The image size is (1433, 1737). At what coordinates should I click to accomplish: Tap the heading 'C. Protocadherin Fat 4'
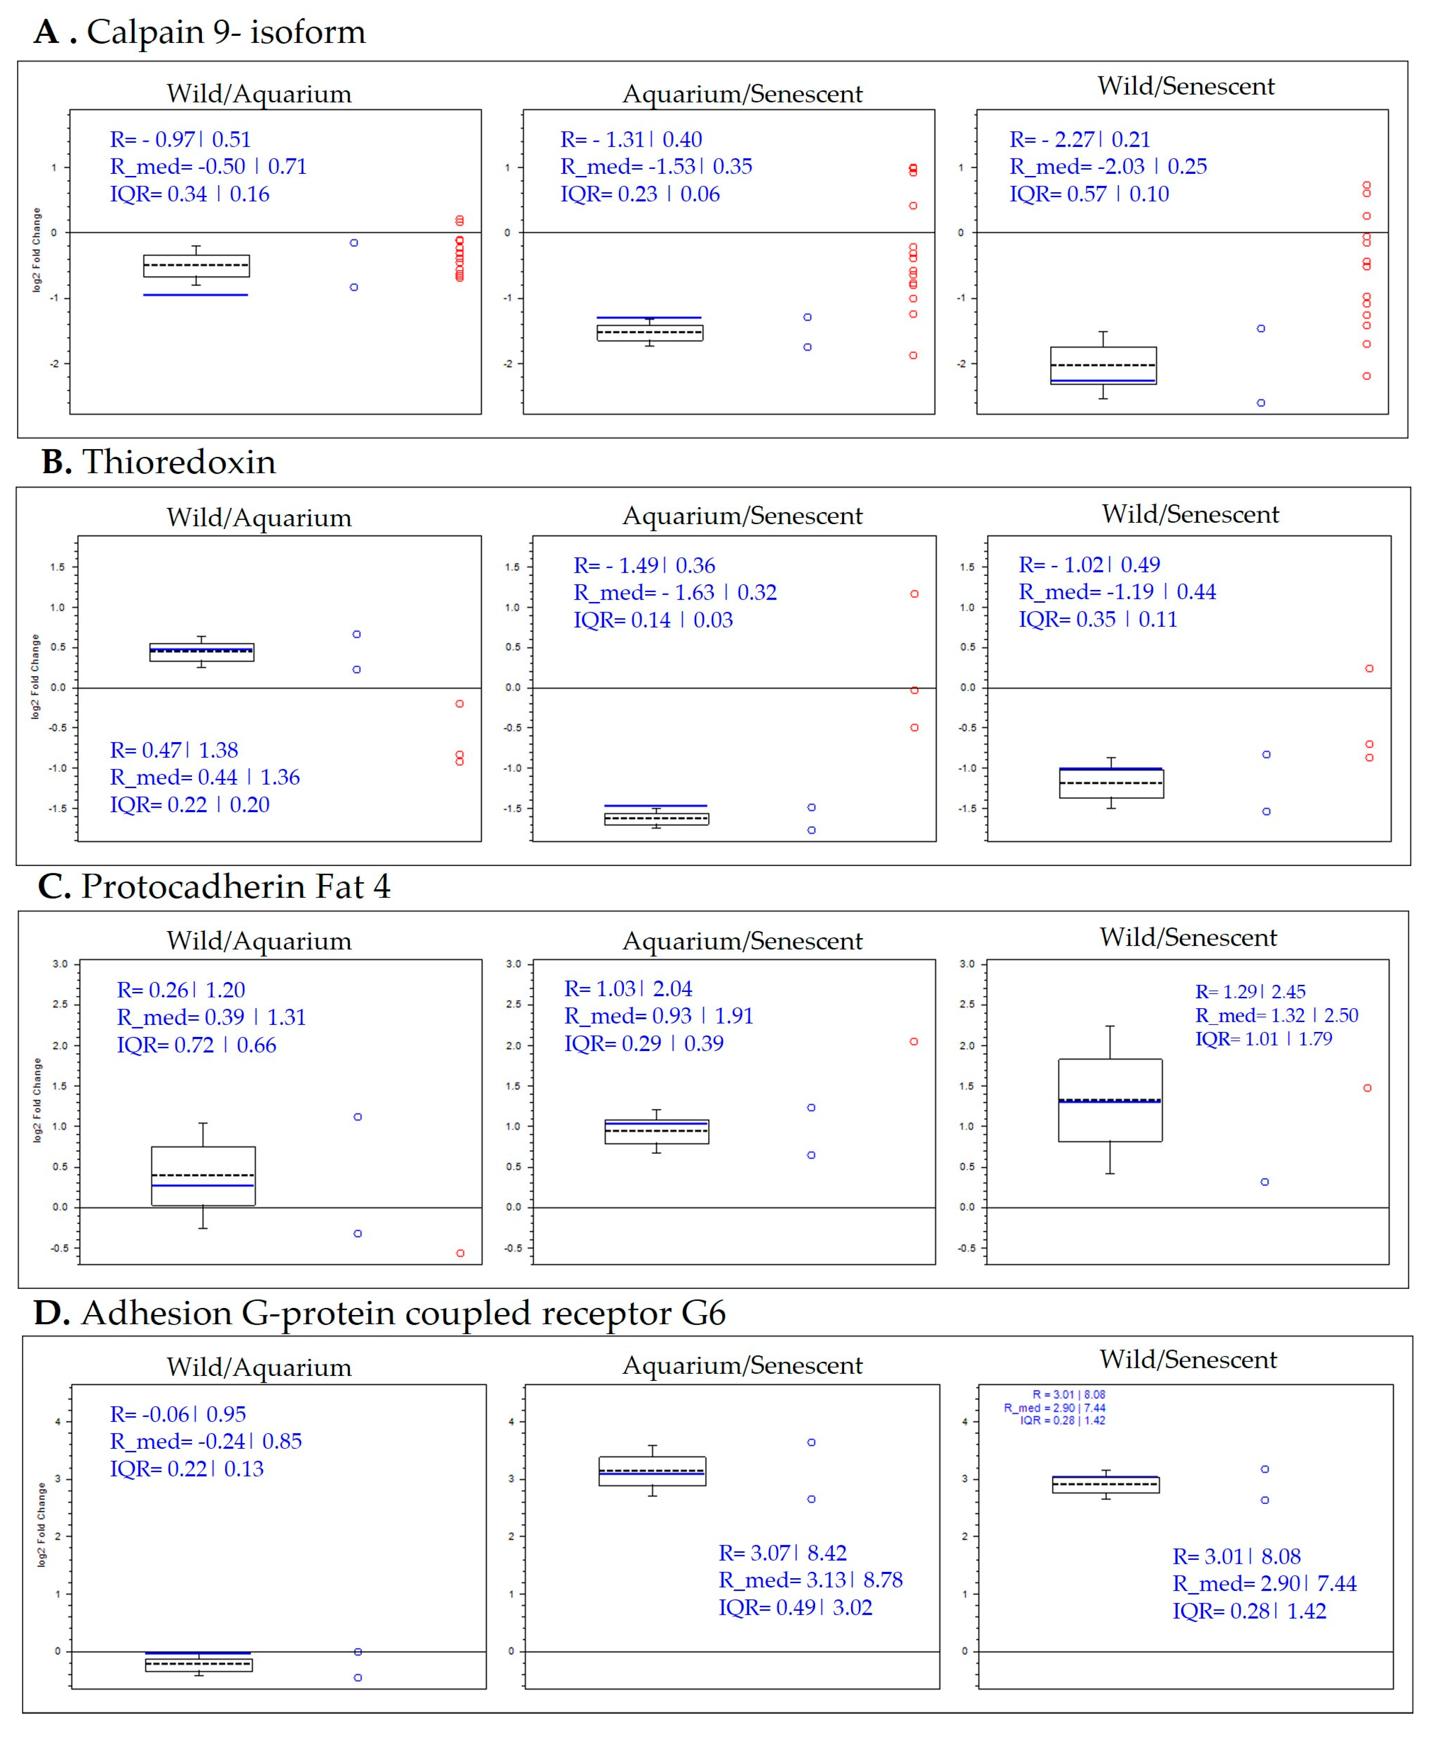coord(215,887)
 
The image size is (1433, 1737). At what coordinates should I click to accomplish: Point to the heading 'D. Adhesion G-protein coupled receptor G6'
coord(380,1313)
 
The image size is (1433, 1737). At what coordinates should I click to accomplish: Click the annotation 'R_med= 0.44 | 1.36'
coord(205,777)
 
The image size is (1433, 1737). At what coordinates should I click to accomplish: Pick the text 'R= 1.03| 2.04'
coord(628,989)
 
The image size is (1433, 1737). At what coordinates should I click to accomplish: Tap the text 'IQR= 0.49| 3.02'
coord(795,1607)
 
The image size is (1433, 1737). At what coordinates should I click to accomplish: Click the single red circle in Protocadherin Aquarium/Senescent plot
coord(914,1042)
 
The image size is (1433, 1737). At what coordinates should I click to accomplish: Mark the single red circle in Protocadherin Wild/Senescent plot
coord(1368,1088)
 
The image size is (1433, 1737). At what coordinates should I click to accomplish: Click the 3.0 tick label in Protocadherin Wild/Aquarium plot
coord(60,964)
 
